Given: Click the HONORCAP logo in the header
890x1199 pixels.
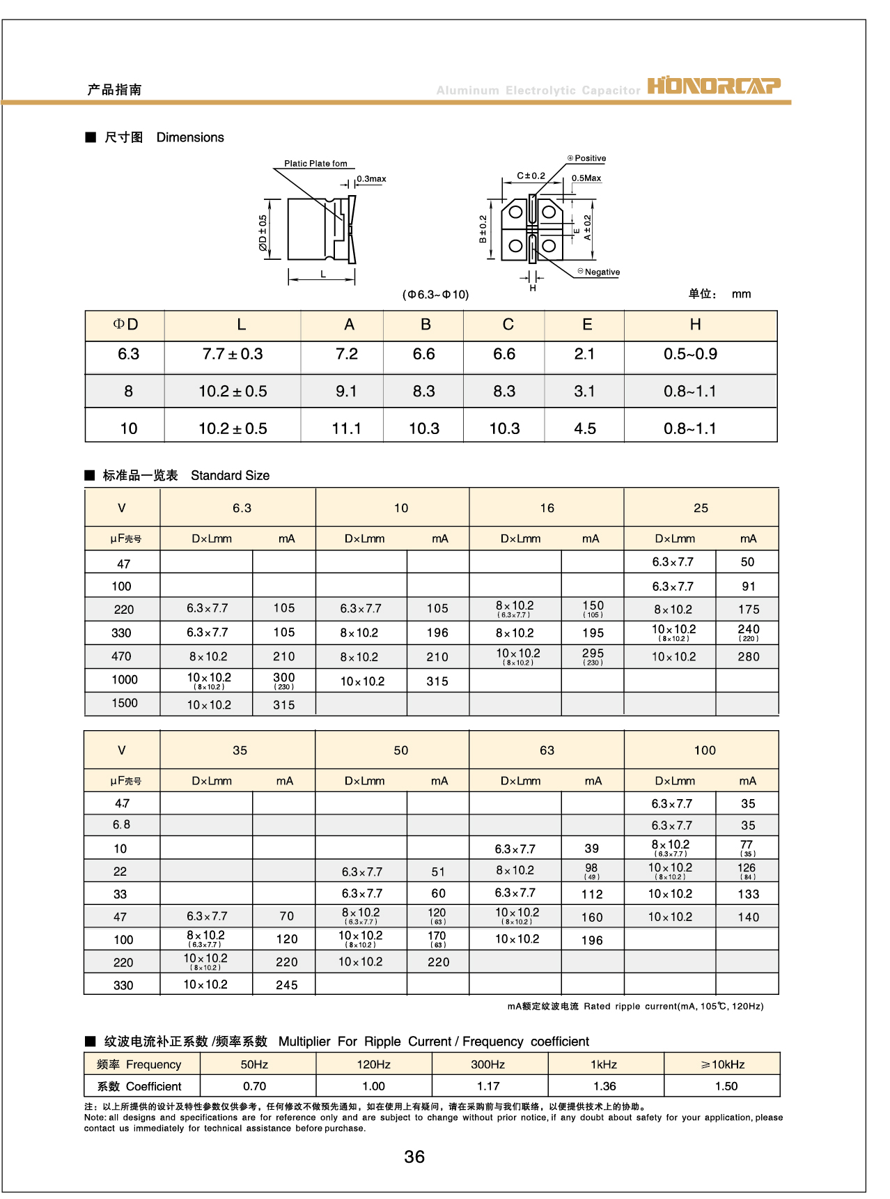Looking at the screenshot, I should point(714,85).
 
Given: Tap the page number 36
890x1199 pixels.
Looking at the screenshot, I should point(414,1157).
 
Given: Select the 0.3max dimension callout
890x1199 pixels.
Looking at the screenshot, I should point(371,179).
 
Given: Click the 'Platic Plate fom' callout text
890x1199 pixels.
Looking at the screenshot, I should point(315,164).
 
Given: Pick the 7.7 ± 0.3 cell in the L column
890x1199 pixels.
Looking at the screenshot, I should point(233,355).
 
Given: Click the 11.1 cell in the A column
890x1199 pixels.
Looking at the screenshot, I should point(346,428).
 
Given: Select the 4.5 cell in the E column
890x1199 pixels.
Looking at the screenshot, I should point(585,428).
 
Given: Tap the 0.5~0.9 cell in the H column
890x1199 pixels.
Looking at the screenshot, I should point(690,355).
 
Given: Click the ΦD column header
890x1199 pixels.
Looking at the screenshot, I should point(126,325).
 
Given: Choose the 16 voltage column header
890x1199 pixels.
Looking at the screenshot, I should point(547,509).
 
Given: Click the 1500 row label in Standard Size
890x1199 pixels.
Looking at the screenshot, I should point(125,704).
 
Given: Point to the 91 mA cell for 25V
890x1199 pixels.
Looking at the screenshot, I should point(749,587).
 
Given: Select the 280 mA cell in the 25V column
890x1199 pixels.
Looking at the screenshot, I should point(749,657).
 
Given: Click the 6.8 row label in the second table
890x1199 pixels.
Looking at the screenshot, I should point(121,825).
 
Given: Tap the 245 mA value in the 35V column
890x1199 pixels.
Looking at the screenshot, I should point(286,985).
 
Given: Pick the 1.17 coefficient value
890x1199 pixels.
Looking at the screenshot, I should point(488,1086).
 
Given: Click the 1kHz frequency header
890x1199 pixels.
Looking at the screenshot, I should point(604,1065).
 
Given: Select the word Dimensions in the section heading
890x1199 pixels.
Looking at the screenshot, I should point(190,138).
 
